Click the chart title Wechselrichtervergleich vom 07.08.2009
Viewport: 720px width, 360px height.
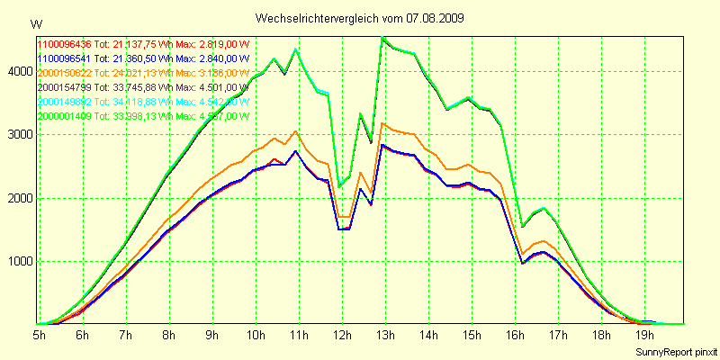click(x=359, y=18)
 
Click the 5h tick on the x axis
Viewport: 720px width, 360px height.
click(x=40, y=335)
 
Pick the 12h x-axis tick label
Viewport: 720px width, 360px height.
click(x=341, y=335)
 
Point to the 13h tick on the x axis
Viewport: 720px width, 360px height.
click(x=384, y=335)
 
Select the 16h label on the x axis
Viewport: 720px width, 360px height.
click(x=514, y=335)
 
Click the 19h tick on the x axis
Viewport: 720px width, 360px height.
click(x=643, y=335)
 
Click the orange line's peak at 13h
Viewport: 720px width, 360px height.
click(x=383, y=123)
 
